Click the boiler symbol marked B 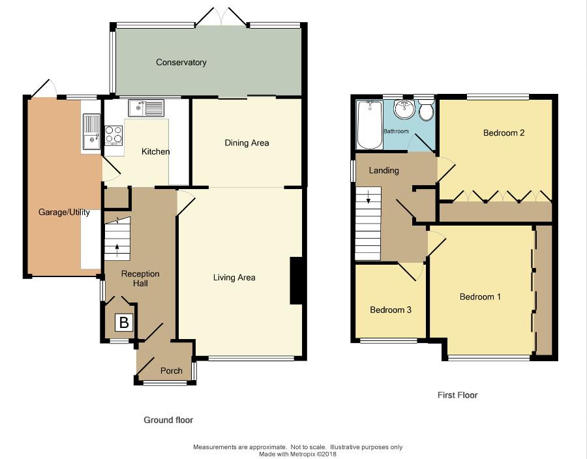pyautogui.click(x=124, y=322)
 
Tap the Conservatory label pyautogui.click(x=181, y=62)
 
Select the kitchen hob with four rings pyautogui.click(x=113, y=135)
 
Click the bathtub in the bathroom pyautogui.click(x=370, y=125)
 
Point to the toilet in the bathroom pyautogui.click(x=426, y=108)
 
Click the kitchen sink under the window pyautogui.click(x=146, y=108)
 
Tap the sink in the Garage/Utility pyautogui.click(x=91, y=131)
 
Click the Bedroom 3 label pyautogui.click(x=391, y=310)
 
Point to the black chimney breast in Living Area pyautogui.click(x=295, y=280)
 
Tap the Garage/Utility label pyautogui.click(x=64, y=213)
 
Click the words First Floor pyautogui.click(x=457, y=395)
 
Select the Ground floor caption pyautogui.click(x=168, y=420)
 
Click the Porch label pyautogui.click(x=172, y=371)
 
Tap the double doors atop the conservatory pyautogui.click(x=222, y=16)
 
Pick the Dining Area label pyautogui.click(x=247, y=143)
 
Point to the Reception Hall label pyautogui.click(x=140, y=278)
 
